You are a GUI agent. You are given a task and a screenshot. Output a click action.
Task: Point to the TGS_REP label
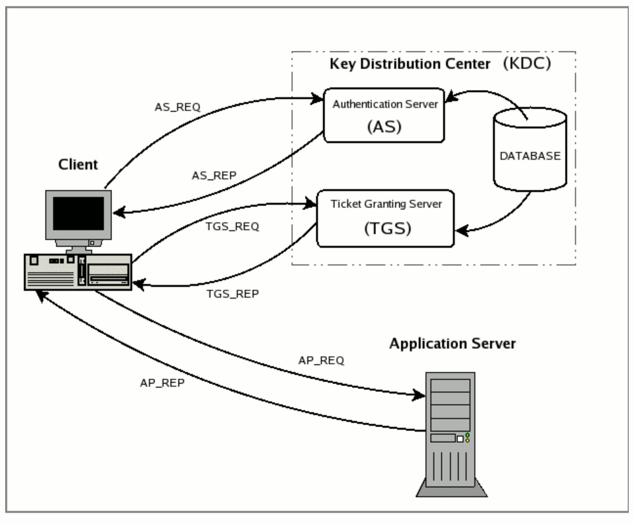pos(233,293)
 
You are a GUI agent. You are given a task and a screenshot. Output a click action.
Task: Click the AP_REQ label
pos(321,359)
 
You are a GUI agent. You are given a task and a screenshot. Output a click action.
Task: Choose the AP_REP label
pos(162,383)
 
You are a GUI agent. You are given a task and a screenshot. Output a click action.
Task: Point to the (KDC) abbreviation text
pos(527,64)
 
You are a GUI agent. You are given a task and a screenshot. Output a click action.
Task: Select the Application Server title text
pos(452,344)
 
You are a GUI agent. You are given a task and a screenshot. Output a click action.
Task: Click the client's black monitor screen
pos(78,213)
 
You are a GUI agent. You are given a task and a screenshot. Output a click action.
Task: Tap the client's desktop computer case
pos(78,271)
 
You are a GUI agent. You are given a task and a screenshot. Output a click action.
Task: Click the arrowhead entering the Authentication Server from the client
pos(319,100)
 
